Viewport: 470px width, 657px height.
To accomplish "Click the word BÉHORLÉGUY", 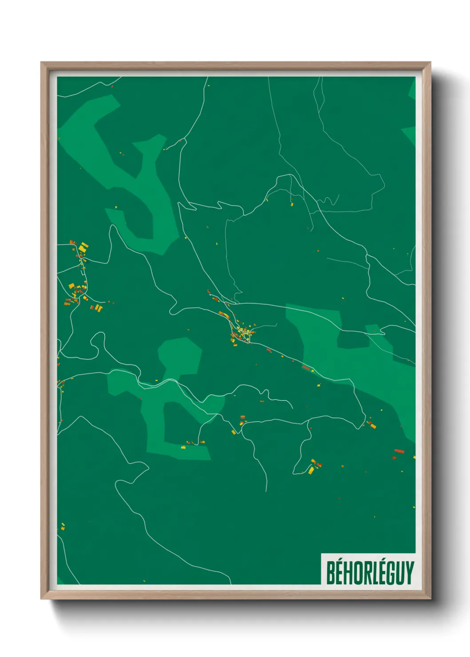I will coord(370,573).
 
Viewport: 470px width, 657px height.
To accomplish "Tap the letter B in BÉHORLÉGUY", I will coord(331,573).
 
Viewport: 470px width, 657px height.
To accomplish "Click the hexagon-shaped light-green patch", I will coord(179,355).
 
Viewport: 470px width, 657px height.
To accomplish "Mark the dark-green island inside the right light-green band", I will coord(353,340).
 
